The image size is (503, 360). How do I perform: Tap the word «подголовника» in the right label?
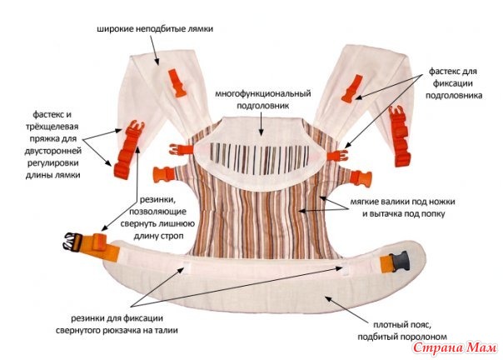[458, 96]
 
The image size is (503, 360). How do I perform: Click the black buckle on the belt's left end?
[66, 245]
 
